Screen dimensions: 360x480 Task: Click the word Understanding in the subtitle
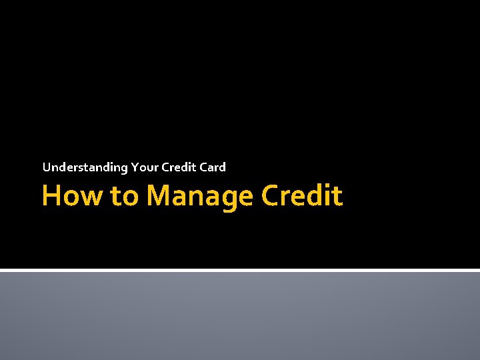[x=85, y=167]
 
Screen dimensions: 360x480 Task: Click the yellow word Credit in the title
[x=302, y=196]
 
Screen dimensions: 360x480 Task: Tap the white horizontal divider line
[x=240, y=270]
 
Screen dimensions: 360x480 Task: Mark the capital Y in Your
[x=135, y=167]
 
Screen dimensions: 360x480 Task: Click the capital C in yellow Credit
[x=269, y=196]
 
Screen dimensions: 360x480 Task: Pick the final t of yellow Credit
[x=338, y=196]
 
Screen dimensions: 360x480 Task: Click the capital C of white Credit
[x=166, y=167]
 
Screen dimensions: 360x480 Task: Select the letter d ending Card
[x=223, y=167]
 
